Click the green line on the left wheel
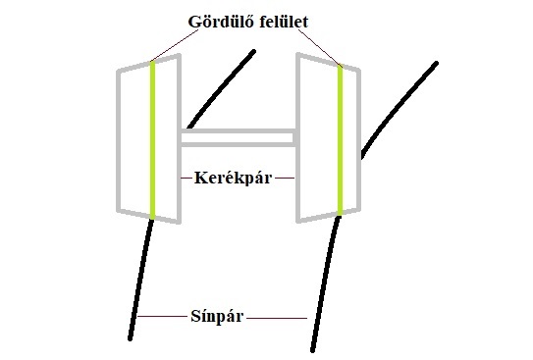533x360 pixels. pos(153,137)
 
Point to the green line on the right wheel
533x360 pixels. pos(340,137)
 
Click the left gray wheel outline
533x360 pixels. pos(118,137)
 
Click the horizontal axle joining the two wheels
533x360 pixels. pos(238,138)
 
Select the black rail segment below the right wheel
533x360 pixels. pos(324,284)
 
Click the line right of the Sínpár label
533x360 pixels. pos(280,317)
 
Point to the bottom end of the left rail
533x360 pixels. pos(131,338)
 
